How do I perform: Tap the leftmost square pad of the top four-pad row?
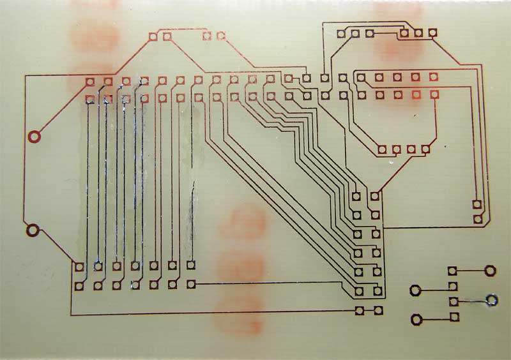pos(153,37)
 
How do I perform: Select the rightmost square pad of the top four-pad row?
pos(221,36)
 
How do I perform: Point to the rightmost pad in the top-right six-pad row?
pos(433,32)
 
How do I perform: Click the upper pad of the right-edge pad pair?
pos(477,205)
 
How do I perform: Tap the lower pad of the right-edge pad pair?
pos(477,219)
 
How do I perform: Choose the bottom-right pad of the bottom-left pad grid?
pos(191,284)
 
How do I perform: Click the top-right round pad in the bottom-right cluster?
pos(490,271)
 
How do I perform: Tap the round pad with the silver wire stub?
pos(492,299)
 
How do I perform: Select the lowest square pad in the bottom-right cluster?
pos(454,317)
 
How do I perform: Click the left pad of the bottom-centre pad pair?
pos(360,311)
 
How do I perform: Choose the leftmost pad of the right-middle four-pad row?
pos(382,150)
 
